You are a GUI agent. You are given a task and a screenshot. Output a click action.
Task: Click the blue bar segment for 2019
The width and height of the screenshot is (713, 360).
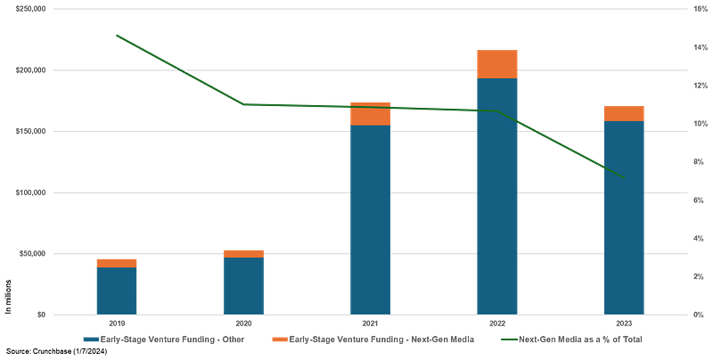pyautogui.click(x=116, y=290)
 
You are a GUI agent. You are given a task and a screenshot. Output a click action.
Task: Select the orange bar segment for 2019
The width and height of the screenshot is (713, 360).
pyautogui.click(x=116, y=263)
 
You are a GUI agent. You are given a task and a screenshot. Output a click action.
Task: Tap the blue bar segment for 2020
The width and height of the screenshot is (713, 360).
pyautogui.click(x=243, y=285)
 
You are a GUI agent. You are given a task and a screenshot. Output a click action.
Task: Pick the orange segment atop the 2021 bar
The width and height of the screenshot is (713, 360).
pyautogui.click(x=370, y=113)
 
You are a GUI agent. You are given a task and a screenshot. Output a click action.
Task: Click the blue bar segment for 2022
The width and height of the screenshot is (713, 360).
pyautogui.click(x=497, y=196)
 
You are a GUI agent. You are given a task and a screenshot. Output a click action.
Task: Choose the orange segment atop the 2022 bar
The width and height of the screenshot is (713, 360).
pyautogui.click(x=497, y=64)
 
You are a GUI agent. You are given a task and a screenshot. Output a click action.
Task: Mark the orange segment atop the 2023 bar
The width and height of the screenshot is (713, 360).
pyautogui.click(x=624, y=113)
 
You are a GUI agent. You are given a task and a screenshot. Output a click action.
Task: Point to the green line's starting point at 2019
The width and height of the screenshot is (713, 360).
pyautogui.click(x=116, y=35)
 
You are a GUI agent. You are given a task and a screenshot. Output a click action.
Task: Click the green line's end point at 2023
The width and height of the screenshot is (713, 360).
pyautogui.click(x=624, y=176)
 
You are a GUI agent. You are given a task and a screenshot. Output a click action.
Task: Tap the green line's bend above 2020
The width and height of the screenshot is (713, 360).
pyautogui.click(x=243, y=105)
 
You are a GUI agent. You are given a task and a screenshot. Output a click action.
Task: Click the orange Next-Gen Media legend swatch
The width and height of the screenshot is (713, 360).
pyautogui.click(x=278, y=340)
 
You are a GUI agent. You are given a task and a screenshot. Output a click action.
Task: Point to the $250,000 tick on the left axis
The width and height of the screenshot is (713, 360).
pyautogui.click(x=40, y=9)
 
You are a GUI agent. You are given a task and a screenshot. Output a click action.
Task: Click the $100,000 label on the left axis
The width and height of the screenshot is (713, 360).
pyautogui.click(x=40, y=192)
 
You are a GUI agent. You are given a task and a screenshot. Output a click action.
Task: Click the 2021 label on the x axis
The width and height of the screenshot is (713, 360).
pyautogui.click(x=370, y=322)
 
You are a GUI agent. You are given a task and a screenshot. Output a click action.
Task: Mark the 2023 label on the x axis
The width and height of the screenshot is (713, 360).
pyautogui.click(x=624, y=322)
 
